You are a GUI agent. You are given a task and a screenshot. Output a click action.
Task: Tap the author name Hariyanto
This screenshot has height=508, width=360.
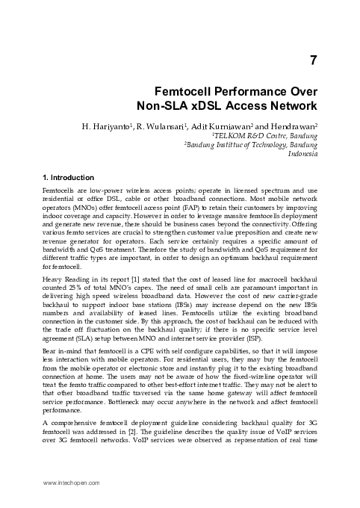(x=137, y=126)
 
